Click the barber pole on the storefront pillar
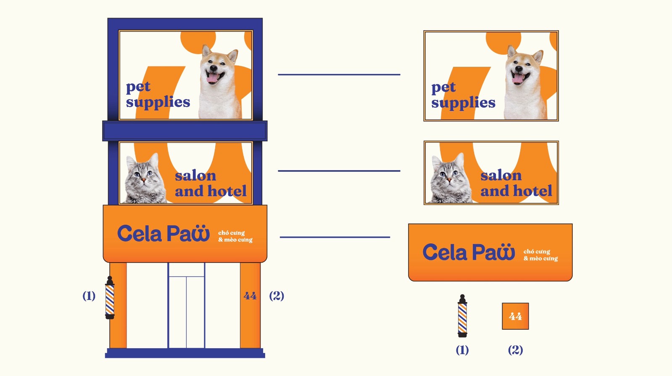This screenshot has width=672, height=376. (110, 297)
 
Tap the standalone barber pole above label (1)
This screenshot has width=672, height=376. (462, 316)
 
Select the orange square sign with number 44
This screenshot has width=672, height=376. (515, 316)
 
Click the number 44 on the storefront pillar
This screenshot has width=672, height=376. (250, 296)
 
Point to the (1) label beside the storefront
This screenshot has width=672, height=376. (89, 296)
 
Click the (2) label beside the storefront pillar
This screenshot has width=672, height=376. (276, 296)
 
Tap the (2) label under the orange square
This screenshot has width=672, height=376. (515, 350)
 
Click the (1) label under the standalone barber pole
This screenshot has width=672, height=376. (462, 350)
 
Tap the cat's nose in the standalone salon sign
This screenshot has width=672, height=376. (449, 180)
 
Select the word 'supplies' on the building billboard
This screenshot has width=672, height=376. (158, 102)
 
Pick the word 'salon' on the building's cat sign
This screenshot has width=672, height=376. (195, 176)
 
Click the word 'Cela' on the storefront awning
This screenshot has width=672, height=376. (140, 234)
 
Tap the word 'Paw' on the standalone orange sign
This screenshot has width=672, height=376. (494, 252)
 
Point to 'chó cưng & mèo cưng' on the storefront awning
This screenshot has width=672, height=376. (235, 236)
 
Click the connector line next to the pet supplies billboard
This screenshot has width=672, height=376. (339, 74)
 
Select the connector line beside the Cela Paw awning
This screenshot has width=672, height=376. (335, 237)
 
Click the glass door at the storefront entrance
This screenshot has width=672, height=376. (186, 305)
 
